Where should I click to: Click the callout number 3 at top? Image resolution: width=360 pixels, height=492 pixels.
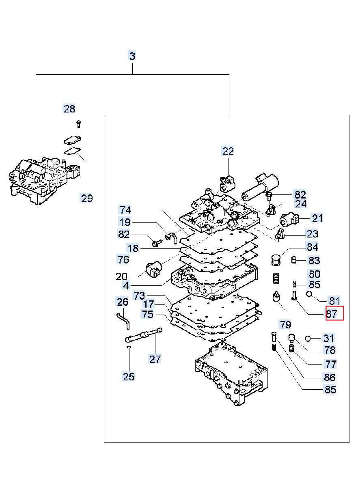(132, 56)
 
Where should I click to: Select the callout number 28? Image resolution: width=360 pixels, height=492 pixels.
(69, 109)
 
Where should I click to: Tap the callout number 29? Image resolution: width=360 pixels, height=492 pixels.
(87, 199)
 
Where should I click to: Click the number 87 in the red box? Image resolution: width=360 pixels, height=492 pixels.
(332, 314)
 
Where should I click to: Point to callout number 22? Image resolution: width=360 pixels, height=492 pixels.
(228, 151)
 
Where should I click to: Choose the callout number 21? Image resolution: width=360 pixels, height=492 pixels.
(317, 218)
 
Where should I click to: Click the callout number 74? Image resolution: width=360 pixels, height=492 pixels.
(125, 210)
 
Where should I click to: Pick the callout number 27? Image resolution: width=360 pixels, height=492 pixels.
(155, 359)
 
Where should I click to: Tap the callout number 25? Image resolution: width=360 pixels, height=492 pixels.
(129, 376)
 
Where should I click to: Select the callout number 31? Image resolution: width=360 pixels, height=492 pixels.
(328, 338)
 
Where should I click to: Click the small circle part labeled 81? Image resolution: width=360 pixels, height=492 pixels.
(309, 293)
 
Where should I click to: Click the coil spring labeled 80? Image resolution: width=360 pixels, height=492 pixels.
(276, 278)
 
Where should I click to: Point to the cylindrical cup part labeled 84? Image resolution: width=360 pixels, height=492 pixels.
(276, 260)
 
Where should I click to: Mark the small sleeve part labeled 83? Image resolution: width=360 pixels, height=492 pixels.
(294, 260)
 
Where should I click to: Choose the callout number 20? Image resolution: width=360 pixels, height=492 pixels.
(121, 276)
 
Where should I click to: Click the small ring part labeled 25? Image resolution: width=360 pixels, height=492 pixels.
(129, 347)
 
